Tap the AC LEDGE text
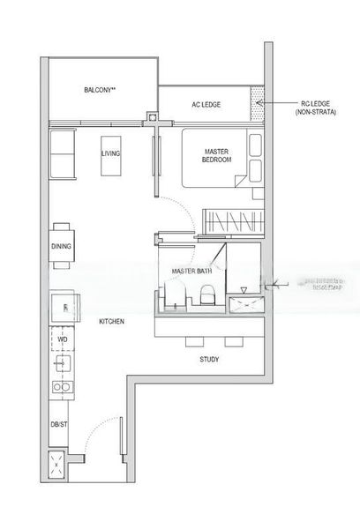(x=206, y=105)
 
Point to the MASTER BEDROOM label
(x=216, y=154)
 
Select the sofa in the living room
(x=62, y=154)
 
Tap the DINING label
(x=61, y=247)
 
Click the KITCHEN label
(x=111, y=322)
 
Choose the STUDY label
(x=209, y=360)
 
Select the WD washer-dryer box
(x=62, y=338)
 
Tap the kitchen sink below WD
(x=62, y=362)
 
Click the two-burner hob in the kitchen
(x=62, y=386)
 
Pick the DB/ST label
(x=60, y=423)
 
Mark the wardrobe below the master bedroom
(x=233, y=220)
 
